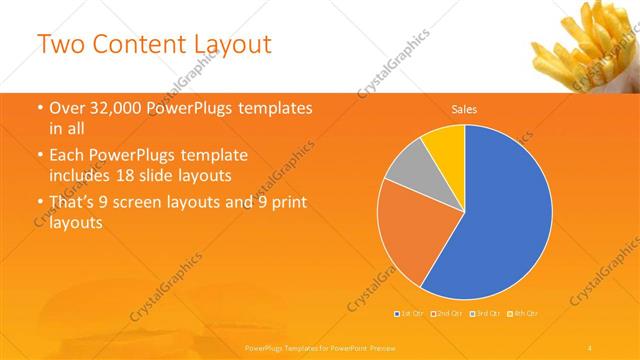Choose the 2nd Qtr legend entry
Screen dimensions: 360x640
pos(448,314)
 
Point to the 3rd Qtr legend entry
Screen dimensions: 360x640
pos(487,314)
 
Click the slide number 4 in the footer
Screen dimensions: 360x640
pos(591,347)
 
